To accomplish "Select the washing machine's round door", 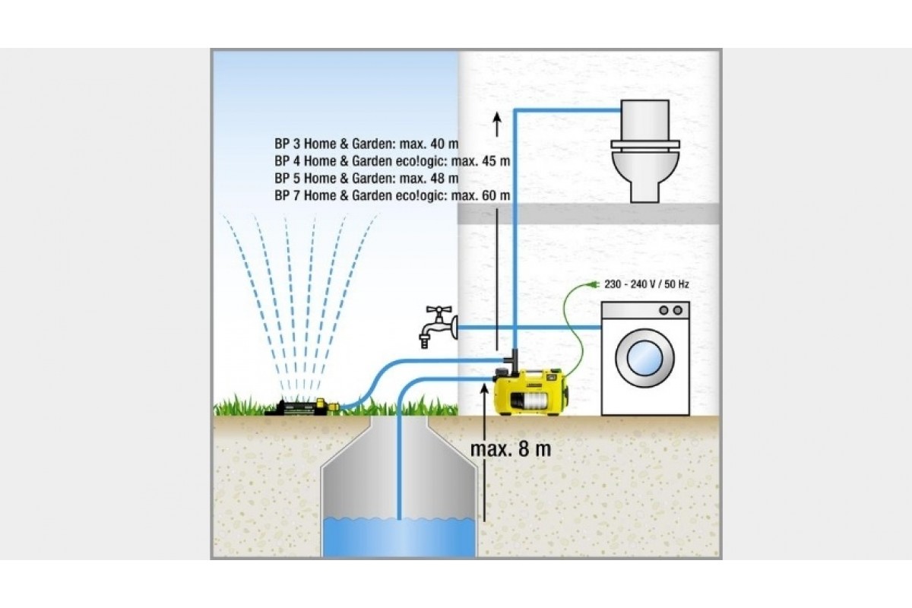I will coord(644,360).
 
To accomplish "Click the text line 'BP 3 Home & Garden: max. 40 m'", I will coord(367,142).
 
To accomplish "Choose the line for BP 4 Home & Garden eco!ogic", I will coord(391,160).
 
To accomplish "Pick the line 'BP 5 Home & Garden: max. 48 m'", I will coord(367,178).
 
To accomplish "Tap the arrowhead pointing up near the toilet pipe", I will coord(497,120).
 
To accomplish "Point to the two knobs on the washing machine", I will coord(669,310).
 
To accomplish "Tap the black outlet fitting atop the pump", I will coord(514,356).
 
